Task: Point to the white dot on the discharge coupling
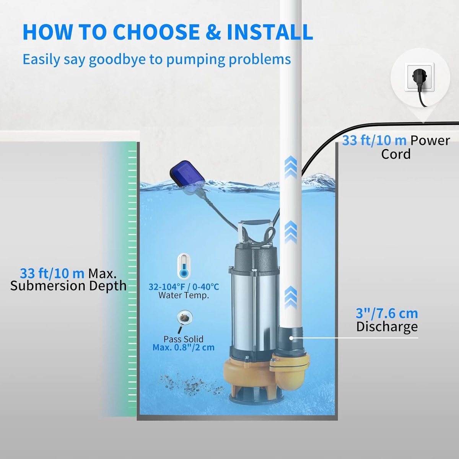tap(291, 338)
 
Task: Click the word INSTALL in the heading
tap(270, 32)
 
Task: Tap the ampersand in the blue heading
tap(213, 32)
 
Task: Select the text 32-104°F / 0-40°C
tap(184, 287)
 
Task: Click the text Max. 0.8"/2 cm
tap(184, 348)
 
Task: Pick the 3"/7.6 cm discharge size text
tap(387, 314)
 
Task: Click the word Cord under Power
tap(396, 154)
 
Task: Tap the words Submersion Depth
tap(68, 286)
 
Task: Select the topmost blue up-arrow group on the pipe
tap(291, 167)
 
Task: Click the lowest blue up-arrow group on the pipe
tap(291, 297)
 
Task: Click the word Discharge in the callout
tap(387, 327)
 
